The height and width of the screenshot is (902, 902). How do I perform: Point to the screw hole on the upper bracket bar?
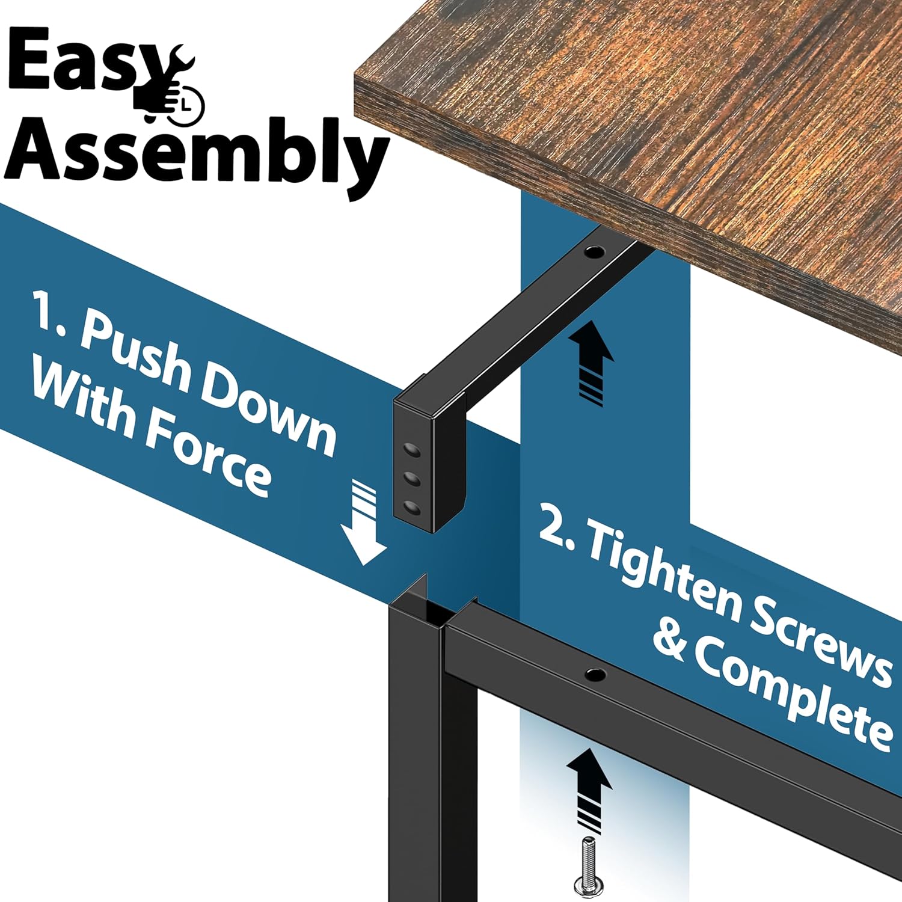click(x=594, y=251)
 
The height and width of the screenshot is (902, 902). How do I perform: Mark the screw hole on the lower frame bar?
click(x=595, y=675)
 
